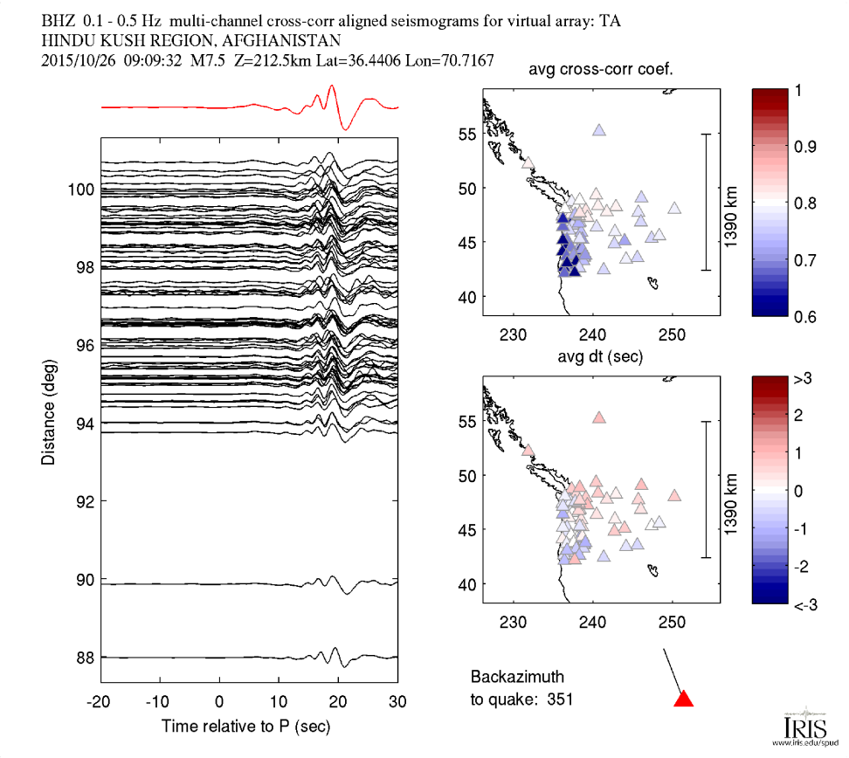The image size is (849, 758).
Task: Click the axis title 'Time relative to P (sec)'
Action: point(250,726)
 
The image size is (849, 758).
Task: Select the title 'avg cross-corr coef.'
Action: point(604,71)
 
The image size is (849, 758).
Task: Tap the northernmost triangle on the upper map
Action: point(599,130)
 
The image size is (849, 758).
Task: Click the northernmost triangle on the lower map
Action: point(599,417)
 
